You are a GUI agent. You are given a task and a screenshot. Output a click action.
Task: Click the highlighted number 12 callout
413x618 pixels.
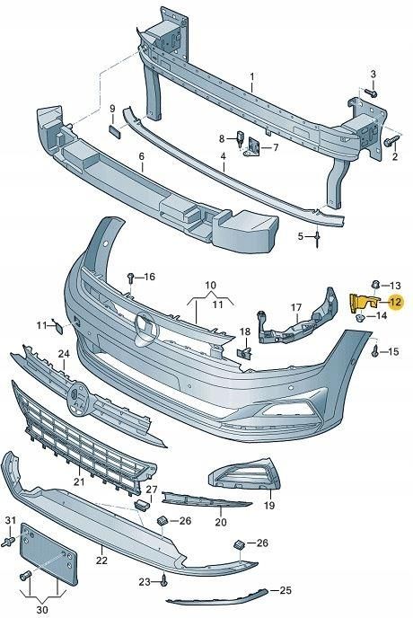coord(395,302)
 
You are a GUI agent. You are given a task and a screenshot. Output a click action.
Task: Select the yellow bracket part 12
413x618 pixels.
coord(363,304)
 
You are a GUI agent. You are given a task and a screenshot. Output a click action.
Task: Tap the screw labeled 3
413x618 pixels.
coord(371,93)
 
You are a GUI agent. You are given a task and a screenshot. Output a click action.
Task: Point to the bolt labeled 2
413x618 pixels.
coord(392,141)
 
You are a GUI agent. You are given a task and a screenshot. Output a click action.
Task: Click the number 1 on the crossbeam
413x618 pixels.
coord(252,75)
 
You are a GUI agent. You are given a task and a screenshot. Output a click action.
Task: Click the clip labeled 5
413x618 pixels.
coord(317,238)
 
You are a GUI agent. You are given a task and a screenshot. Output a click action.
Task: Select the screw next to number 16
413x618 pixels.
coord(131,278)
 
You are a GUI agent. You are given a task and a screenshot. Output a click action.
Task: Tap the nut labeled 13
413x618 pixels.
coord(376,284)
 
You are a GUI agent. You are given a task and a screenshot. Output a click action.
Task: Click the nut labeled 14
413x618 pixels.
coord(360,317)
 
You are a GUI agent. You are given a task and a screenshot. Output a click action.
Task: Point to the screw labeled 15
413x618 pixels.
coord(374,350)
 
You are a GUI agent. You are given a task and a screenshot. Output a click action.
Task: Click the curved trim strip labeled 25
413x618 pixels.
coord(216,596)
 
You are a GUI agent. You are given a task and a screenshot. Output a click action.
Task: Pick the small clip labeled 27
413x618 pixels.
coord(143,504)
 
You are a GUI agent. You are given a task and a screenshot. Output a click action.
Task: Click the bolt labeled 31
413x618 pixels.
coord(8,542)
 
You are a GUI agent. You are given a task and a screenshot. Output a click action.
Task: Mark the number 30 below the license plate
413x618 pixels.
coord(42,610)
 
